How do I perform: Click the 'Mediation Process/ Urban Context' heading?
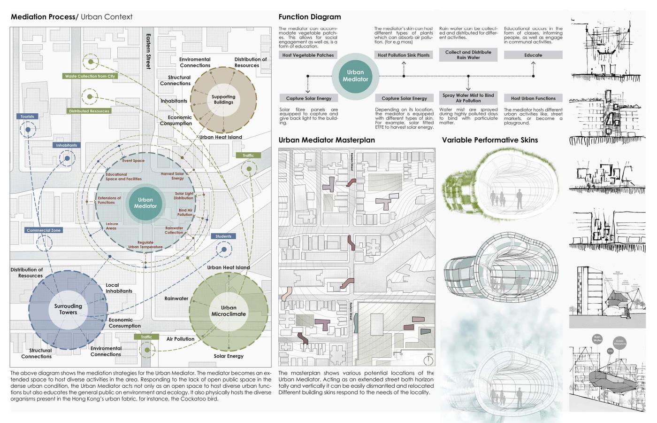(x=71, y=17)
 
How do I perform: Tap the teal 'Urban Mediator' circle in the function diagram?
(x=355, y=76)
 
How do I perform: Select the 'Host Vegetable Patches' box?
(x=308, y=55)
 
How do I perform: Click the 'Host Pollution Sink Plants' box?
(x=404, y=55)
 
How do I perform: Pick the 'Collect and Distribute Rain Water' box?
(x=468, y=55)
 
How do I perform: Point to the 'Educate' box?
(x=533, y=55)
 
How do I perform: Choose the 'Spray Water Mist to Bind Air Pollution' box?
(x=468, y=98)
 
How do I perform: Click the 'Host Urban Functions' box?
(x=533, y=98)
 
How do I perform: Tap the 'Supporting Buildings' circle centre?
(x=223, y=99)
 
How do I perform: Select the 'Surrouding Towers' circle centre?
(x=68, y=309)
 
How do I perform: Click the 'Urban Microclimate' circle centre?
(x=229, y=311)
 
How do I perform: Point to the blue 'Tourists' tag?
(x=27, y=117)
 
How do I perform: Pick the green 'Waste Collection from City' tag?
(x=90, y=76)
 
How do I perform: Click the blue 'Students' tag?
(x=223, y=236)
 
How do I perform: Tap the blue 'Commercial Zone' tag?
(x=44, y=230)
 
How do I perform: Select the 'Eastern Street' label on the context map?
(x=148, y=51)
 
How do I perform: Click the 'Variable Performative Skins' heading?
(x=489, y=140)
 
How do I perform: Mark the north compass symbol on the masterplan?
(x=428, y=360)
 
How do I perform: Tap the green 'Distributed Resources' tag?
(x=89, y=111)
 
